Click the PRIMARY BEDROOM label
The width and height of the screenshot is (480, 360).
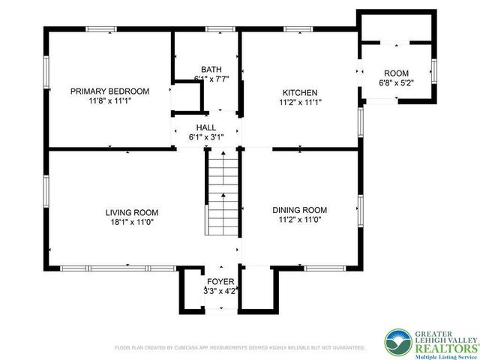[x=109, y=91]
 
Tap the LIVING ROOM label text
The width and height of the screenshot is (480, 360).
[x=131, y=212]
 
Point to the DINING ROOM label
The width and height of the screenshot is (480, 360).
[x=299, y=210]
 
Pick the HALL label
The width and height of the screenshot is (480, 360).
[x=206, y=127]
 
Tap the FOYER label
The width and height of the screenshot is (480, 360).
[x=220, y=282]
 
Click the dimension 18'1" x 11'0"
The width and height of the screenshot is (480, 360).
[x=131, y=222]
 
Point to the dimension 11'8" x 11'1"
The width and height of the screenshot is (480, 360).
[x=109, y=101]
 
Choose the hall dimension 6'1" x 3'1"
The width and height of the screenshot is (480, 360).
[x=206, y=137]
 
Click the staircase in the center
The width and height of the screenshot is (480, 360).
[x=222, y=193]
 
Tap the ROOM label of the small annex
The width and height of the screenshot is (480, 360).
[x=396, y=73]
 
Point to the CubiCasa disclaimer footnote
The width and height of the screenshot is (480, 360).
[x=239, y=348]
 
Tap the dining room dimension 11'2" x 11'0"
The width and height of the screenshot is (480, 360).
[x=299, y=220]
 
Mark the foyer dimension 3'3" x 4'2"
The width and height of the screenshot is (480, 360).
[x=220, y=291]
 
